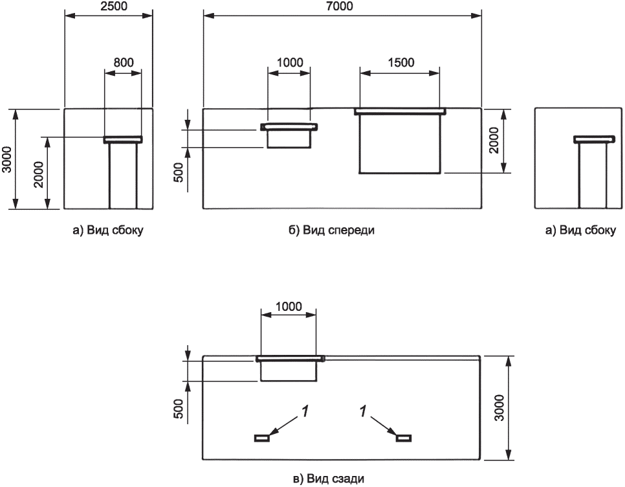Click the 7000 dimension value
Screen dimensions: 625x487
tap(342, 6)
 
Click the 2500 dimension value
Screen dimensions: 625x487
tap(109, 6)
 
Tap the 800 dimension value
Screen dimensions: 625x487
tap(124, 63)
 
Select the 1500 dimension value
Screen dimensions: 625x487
tap(401, 63)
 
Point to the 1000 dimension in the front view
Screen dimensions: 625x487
tap(290, 63)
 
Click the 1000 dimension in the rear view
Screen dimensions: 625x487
tap(289, 306)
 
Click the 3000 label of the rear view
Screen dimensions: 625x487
tap(499, 407)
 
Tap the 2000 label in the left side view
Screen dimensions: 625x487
tap(39, 175)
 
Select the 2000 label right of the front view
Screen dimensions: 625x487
tap(494, 140)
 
